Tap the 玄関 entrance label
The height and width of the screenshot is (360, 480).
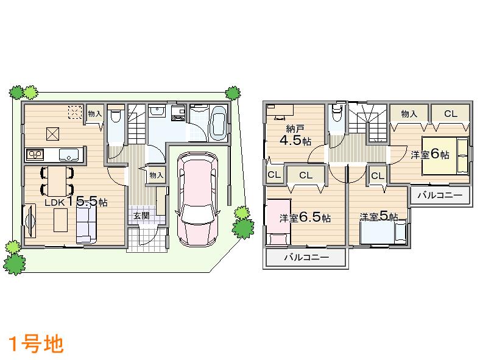click(141, 216)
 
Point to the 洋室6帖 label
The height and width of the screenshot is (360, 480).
click(429, 154)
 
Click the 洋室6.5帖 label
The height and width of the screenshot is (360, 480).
click(305, 217)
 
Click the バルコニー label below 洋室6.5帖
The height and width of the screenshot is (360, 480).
click(306, 258)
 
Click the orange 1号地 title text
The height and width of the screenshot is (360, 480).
click(35, 344)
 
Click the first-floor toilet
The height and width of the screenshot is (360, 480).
click(116, 117)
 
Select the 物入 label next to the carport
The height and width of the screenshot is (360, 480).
click(157, 175)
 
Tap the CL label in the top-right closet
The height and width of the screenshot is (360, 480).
click(450, 113)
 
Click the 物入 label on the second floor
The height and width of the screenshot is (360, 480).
click(409, 113)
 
